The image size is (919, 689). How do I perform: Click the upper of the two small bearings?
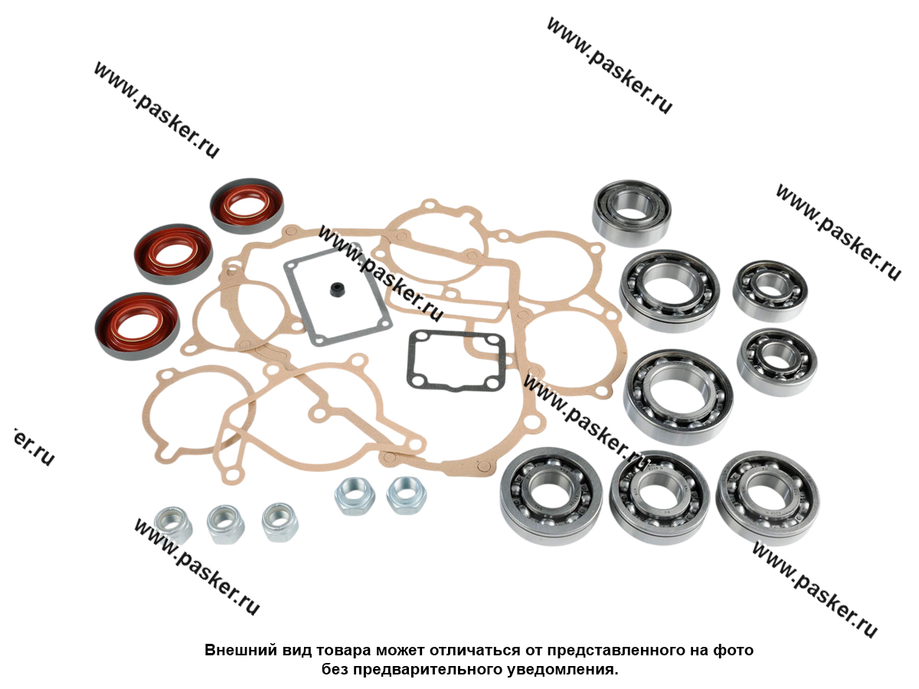click(x=768, y=290)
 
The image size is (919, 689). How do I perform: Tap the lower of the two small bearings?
click(x=777, y=361)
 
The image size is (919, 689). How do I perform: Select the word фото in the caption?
click(x=734, y=651)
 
